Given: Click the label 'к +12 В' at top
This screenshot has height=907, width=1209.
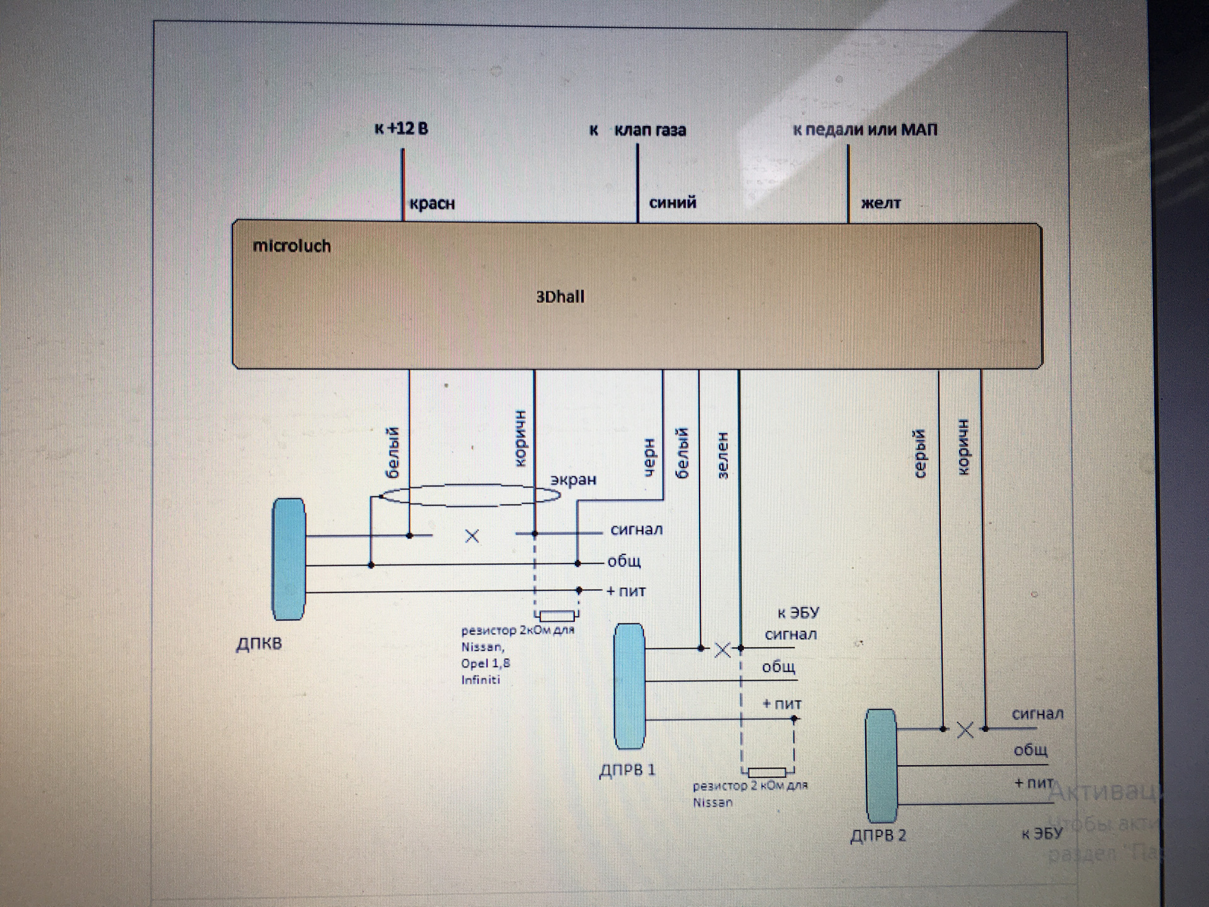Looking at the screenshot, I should click(x=401, y=129).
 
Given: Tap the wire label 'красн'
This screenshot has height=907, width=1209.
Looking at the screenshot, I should click(x=432, y=204).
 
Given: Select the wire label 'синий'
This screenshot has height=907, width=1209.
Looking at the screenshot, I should click(x=673, y=203).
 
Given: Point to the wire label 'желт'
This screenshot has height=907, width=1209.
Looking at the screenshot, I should click(x=880, y=203).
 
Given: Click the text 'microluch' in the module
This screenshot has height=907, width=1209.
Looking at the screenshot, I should click(x=292, y=246).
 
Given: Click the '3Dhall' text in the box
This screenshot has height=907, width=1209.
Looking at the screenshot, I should click(x=560, y=297).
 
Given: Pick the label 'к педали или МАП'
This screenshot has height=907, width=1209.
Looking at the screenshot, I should click(x=865, y=130).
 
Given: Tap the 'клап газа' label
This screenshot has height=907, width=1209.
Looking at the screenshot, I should click(x=650, y=130).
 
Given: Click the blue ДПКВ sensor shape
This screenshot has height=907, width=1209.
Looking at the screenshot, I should click(x=289, y=559).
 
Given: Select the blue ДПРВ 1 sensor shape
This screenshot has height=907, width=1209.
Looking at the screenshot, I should click(x=629, y=686).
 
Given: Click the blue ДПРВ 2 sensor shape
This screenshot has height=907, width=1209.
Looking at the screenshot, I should click(x=881, y=765).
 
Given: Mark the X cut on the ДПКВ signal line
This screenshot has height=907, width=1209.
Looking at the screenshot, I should click(x=472, y=536).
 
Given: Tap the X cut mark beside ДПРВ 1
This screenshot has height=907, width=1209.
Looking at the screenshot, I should click(x=722, y=650).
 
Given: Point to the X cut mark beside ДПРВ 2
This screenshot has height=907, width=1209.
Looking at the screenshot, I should click(x=965, y=730).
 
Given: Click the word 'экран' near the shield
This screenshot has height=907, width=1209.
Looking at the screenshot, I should click(x=573, y=480).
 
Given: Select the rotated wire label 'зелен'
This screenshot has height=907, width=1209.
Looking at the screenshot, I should click(x=723, y=455).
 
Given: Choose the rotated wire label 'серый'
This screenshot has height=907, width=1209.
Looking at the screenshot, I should click(x=920, y=453).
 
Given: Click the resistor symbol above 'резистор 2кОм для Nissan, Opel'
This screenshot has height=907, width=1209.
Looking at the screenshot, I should click(x=557, y=615).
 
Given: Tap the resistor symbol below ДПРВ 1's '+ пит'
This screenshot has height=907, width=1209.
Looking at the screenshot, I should click(x=767, y=772).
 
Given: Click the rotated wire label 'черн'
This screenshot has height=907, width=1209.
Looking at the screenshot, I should click(x=649, y=457).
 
